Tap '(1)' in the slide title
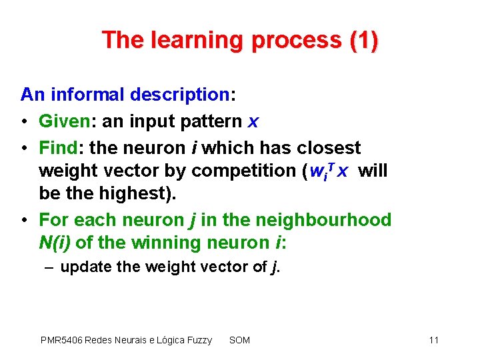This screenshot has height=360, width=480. [363, 41]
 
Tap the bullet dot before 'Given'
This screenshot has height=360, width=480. [25, 122]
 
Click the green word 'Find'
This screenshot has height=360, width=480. [58, 147]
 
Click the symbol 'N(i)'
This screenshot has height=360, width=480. [55, 243]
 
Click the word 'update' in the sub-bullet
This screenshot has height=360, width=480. [82, 267]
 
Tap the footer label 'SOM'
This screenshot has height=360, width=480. [239, 340]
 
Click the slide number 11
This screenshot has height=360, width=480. [434, 340]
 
